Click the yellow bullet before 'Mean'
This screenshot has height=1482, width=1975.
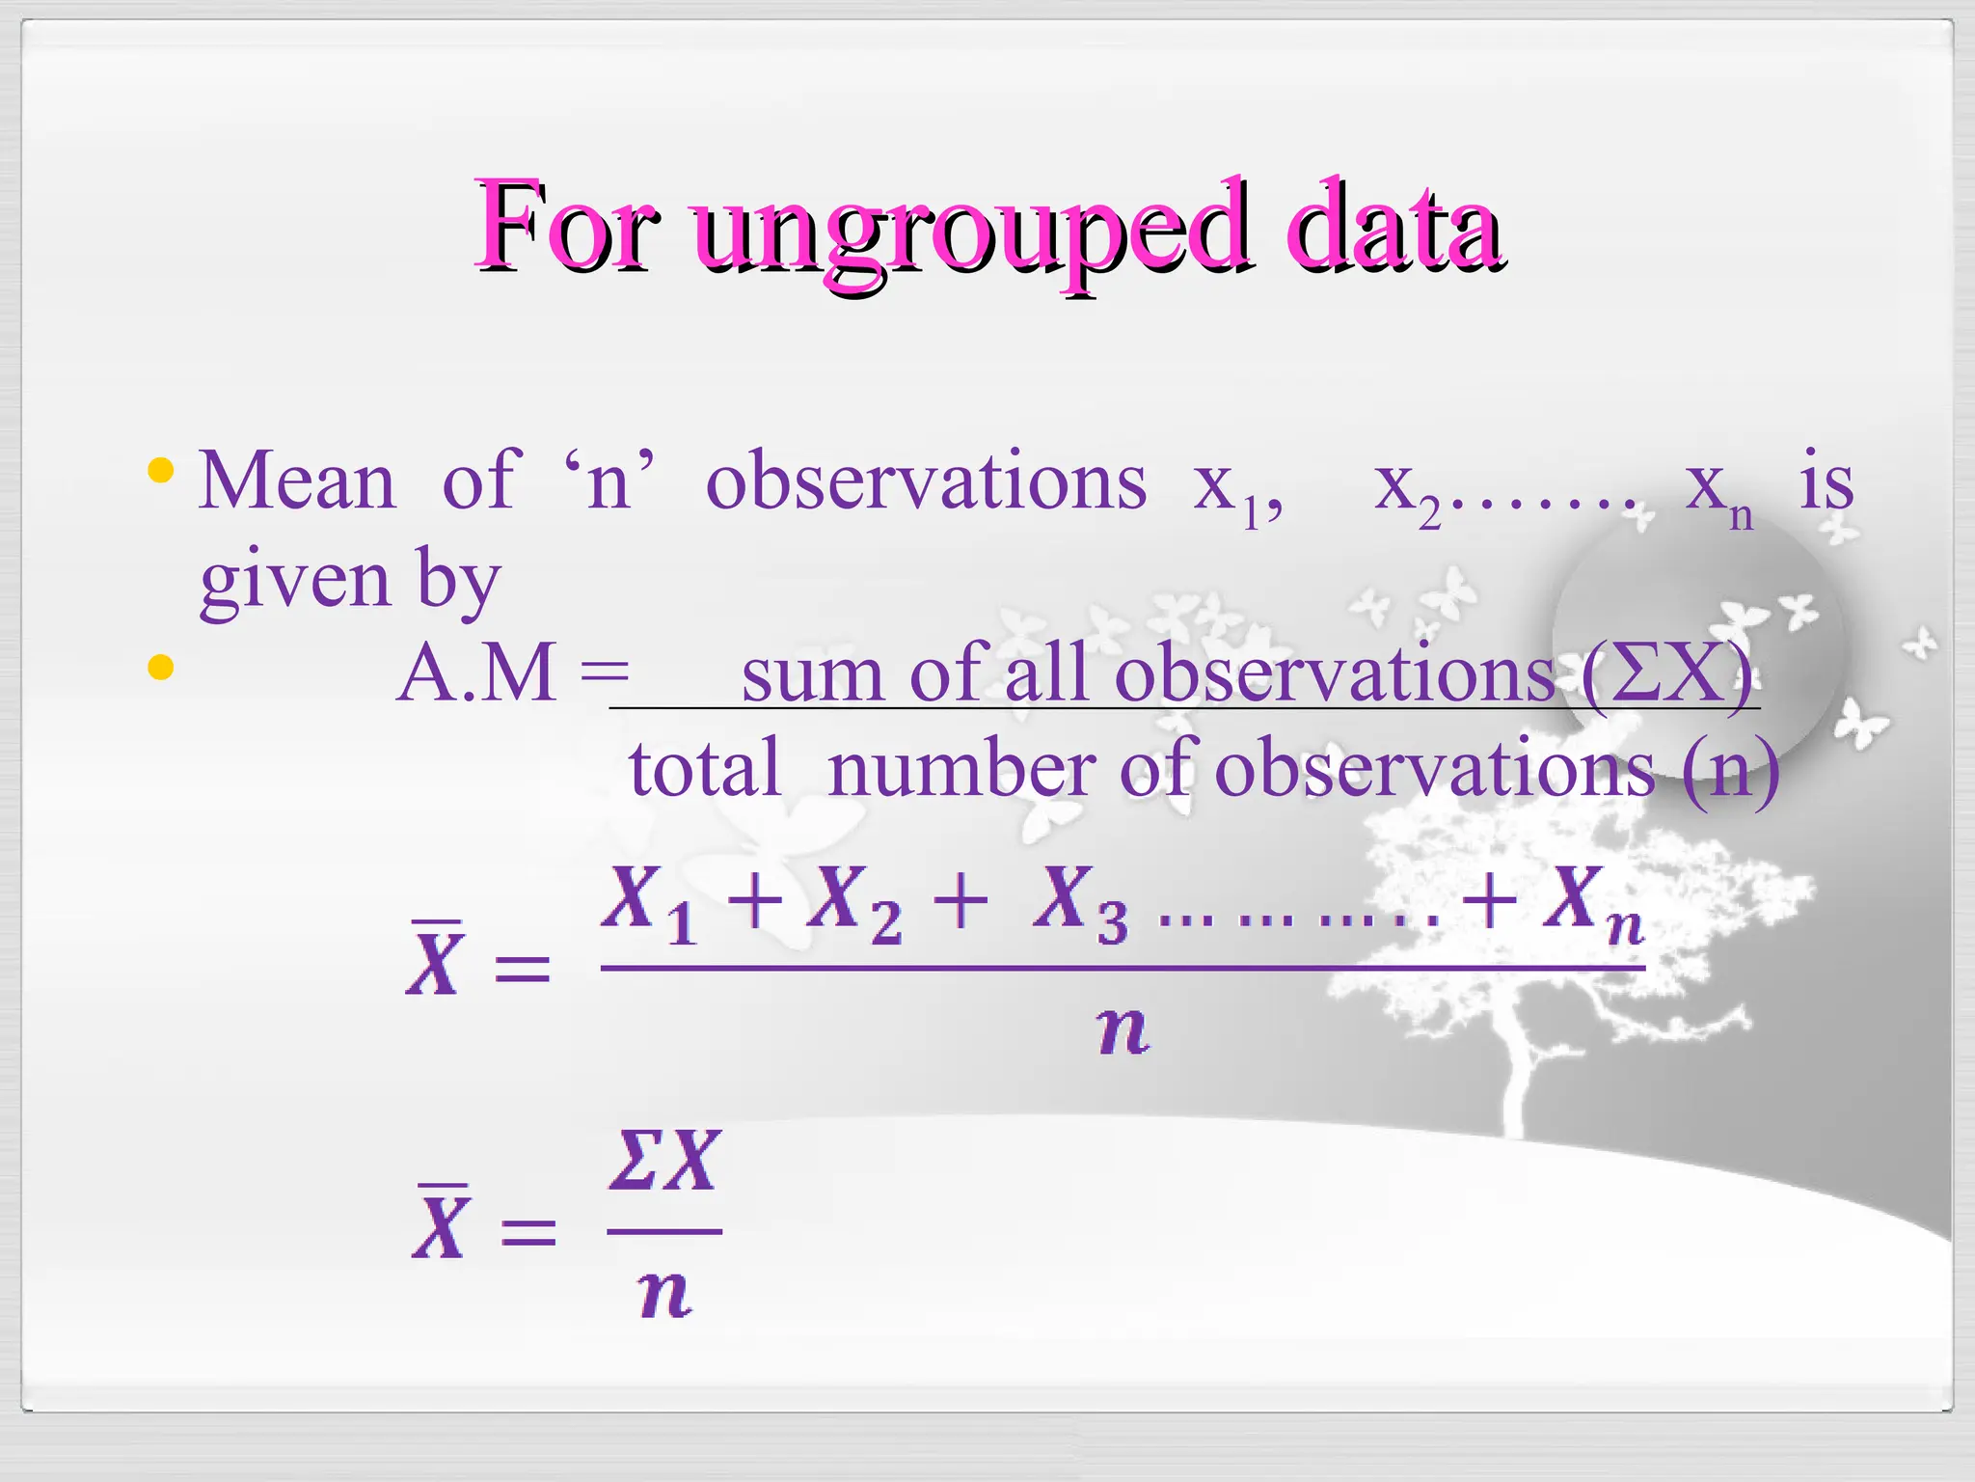[160, 472]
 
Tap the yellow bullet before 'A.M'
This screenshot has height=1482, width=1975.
[160, 668]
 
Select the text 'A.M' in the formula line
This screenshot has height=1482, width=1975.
[477, 673]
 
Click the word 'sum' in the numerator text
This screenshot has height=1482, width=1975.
[812, 675]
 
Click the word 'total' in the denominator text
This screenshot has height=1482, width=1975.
[705, 769]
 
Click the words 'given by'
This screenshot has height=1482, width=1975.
[350, 581]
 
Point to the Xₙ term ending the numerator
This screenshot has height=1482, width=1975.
[1591, 903]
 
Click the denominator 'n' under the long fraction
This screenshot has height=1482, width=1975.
[1123, 1030]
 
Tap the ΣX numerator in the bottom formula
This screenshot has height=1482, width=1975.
[665, 1162]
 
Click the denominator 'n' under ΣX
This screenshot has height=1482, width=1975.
[665, 1293]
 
